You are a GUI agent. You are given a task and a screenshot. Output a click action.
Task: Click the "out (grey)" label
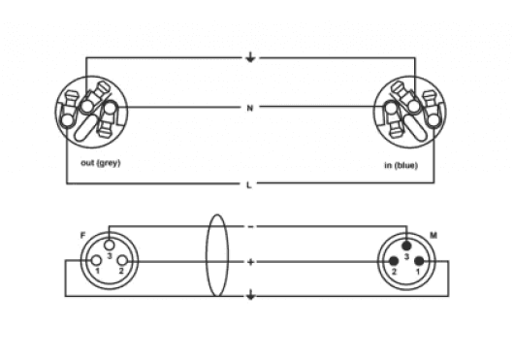pyautogui.click(x=101, y=163)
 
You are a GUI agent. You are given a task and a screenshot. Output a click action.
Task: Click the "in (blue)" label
pyautogui.click(x=402, y=166)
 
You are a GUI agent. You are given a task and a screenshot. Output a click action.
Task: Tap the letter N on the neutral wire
pyautogui.click(x=250, y=108)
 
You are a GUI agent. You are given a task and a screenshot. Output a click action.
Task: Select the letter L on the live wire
pyautogui.click(x=249, y=185)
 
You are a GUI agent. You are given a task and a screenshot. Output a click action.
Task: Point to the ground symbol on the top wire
pyautogui.click(x=250, y=57)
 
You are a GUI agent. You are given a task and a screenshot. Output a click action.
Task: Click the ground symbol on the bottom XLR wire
pyautogui.click(x=250, y=295)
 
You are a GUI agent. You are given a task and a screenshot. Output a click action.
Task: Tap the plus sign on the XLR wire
pyautogui.click(x=250, y=262)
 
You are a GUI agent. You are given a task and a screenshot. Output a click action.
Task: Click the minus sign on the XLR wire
pyautogui.click(x=250, y=226)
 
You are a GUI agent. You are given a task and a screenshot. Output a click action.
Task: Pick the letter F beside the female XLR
pyautogui.click(x=83, y=235)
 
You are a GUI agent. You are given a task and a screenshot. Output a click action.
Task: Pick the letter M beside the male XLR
pyautogui.click(x=434, y=236)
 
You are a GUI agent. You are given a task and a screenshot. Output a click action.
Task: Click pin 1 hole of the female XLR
pyautogui.click(x=96, y=261)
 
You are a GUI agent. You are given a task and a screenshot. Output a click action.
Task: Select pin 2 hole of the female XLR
pyautogui.click(x=122, y=261)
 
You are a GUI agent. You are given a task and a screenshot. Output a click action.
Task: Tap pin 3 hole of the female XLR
pyautogui.click(x=110, y=245)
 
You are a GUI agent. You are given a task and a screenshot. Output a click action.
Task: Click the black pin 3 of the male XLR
pyautogui.click(x=406, y=245)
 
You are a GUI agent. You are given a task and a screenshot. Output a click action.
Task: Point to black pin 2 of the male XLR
pyautogui.click(x=394, y=261)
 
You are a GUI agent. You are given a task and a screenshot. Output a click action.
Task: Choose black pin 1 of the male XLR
pyautogui.click(x=419, y=261)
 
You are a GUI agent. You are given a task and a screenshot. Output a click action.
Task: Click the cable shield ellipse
pyautogui.click(x=206, y=256)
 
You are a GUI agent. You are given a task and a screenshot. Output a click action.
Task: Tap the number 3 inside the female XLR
pyautogui.click(x=110, y=256)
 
